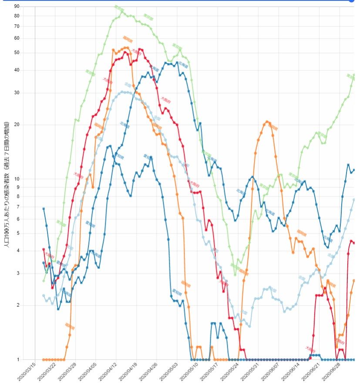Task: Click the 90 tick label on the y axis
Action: (x=29, y=7)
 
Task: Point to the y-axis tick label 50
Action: (x=29, y=53)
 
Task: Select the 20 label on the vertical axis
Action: (x=29, y=125)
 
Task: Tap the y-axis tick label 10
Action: (x=29, y=179)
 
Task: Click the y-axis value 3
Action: (x=30, y=274)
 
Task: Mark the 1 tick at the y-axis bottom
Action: (x=30, y=359)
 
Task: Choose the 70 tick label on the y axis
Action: (x=29, y=26)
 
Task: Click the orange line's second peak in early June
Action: (x=267, y=122)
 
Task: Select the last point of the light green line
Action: (x=354, y=75)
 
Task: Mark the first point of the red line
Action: (x=44, y=249)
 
